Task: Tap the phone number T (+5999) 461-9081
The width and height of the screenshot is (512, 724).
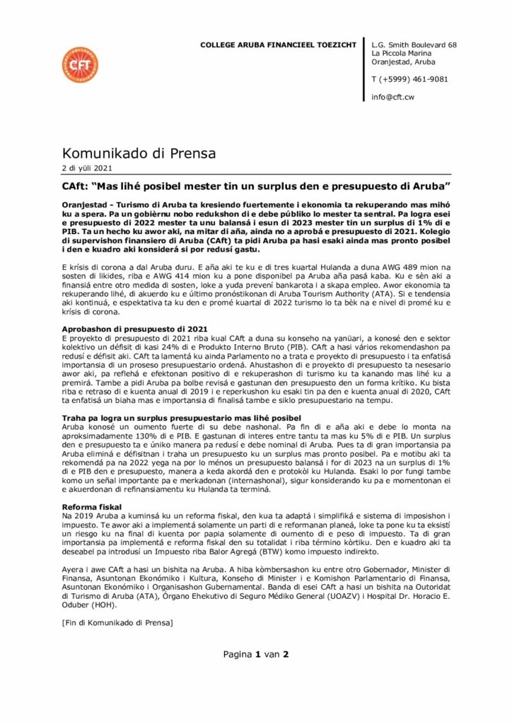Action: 409,79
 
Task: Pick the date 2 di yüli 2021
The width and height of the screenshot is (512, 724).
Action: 87,168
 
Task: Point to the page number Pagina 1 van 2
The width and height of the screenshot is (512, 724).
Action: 256,654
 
